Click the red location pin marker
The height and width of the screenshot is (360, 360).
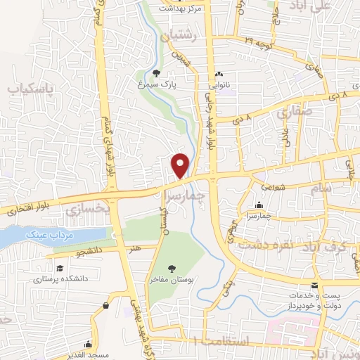point(181,165)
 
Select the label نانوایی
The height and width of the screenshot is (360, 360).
point(219,84)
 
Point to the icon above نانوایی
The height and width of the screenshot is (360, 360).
point(219,73)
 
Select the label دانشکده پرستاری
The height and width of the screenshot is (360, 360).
point(60,278)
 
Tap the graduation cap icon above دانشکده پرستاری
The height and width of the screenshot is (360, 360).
point(60,268)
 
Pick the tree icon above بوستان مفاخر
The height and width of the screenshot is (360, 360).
point(172,267)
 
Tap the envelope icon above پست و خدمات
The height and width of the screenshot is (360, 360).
point(314,285)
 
